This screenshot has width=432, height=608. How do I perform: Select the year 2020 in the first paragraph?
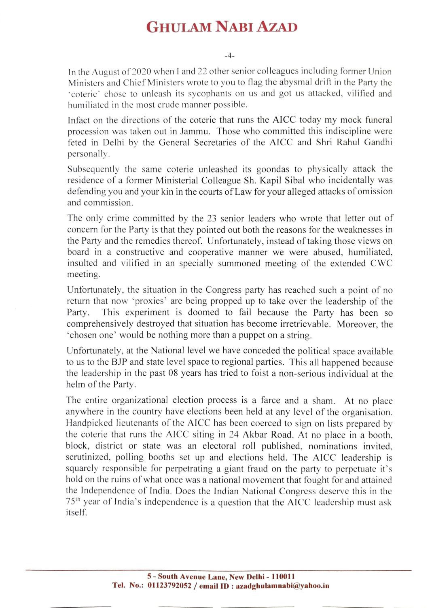pos(142,72)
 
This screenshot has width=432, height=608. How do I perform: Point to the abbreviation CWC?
pos(381,264)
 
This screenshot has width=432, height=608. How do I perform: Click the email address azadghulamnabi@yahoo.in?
pos(282,586)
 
